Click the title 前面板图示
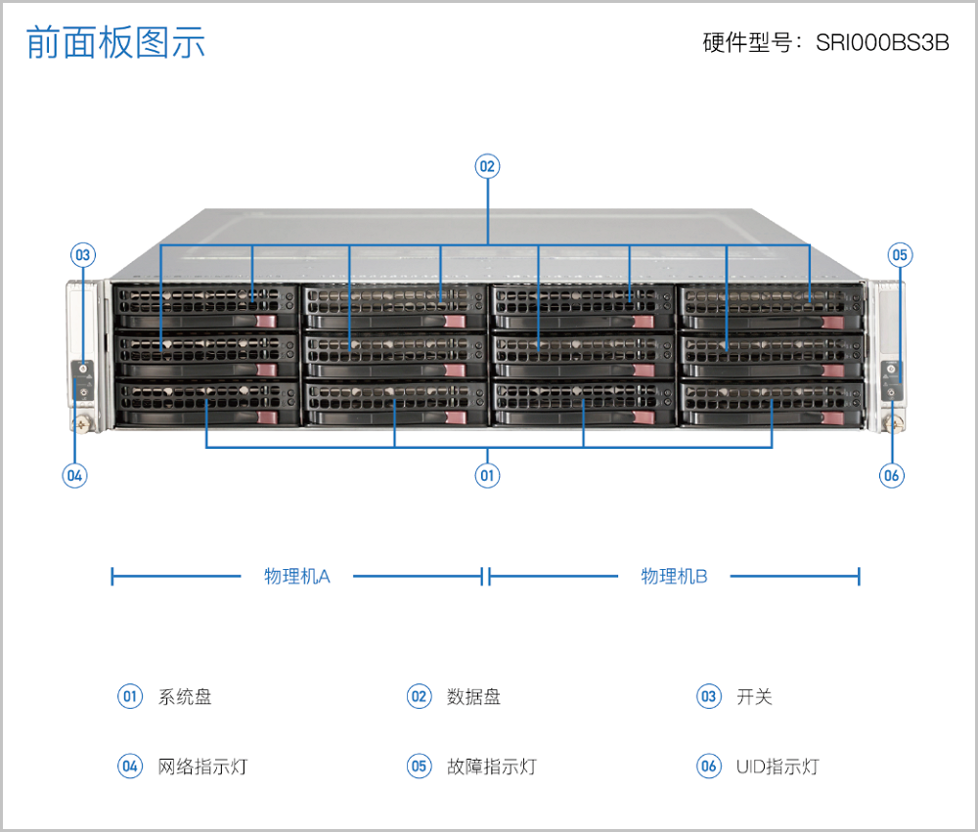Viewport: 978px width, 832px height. click(x=115, y=43)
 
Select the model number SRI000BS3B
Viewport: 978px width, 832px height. click(x=882, y=44)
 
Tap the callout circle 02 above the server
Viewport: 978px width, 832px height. click(x=487, y=166)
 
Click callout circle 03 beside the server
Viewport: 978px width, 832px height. click(x=83, y=255)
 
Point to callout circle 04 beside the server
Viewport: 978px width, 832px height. click(x=74, y=476)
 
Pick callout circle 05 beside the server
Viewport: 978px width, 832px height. click(x=900, y=255)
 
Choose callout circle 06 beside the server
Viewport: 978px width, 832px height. click(x=891, y=476)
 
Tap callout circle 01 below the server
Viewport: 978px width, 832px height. click(x=487, y=476)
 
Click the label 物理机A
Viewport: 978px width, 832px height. click(x=297, y=576)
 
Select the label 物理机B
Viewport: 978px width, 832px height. click(x=674, y=576)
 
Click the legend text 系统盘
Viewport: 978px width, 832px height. click(x=185, y=697)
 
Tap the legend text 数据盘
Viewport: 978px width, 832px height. click(x=474, y=697)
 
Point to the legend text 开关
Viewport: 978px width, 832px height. click(x=754, y=697)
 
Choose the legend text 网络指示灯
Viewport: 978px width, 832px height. click(x=203, y=766)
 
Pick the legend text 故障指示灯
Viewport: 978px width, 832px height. click(x=492, y=766)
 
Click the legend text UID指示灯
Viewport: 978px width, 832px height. click(x=778, y=766)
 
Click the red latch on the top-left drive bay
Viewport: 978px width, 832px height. click(x=266, y=321)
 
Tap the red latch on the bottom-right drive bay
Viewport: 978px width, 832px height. click(x=832, y=417)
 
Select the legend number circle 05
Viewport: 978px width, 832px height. click(x=419, y=766)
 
